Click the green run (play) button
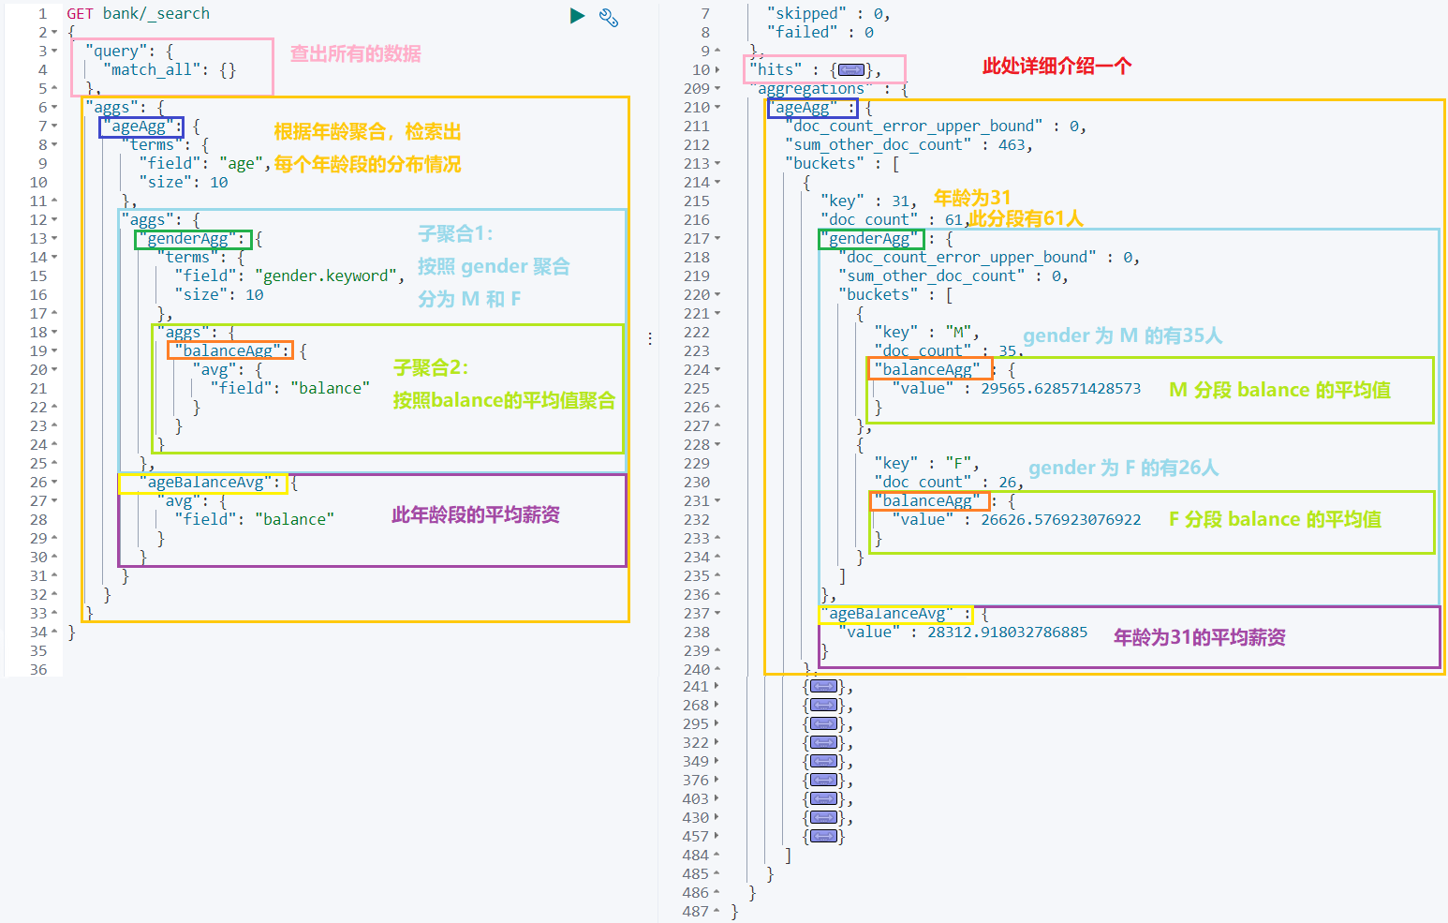pos(577,16)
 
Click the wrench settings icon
pos(609,17)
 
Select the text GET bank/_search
pos(138,13)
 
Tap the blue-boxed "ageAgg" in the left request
pos(140,127)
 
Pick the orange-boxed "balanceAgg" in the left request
pos(229,350)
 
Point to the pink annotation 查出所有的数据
pos(355,53)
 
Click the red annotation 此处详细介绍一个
pos(1056,66)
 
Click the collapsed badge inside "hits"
pos(850,69)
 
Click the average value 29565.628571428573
pos(1060,388)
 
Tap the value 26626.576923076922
pos(1060,519)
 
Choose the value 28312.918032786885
pos(1007,632)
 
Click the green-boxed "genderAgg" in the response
pos(870,239)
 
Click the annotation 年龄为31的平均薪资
pos(1199,637)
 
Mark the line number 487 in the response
pos(695,911)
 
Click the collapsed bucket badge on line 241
pos(823,686)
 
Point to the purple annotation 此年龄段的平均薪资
pos(475,514)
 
